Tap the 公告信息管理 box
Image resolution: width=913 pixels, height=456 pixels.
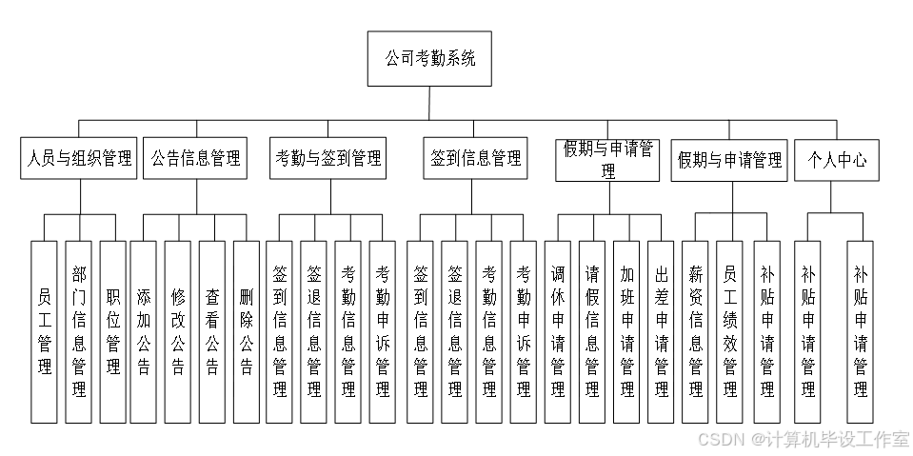coord(195,158)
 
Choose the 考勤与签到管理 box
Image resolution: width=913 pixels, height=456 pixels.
coord(327,158)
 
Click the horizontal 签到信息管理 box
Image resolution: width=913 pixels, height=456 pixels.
coord(476,158)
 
